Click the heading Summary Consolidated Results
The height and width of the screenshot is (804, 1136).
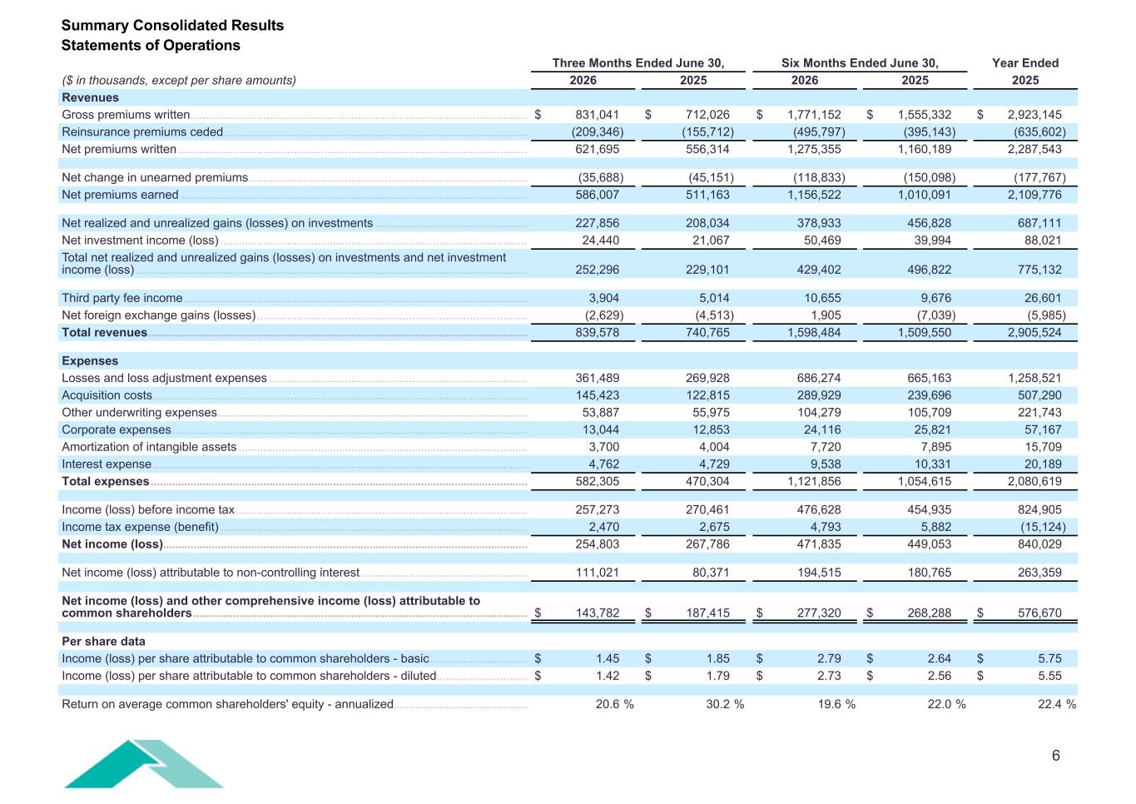(172, 25)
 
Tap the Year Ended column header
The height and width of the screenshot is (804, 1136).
(1025, 63)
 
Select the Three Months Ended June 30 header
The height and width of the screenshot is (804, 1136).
(638, 63)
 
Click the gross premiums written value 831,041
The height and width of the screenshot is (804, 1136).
(597, 115)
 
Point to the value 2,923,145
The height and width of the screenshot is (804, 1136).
(1034, 115)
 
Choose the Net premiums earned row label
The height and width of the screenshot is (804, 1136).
(120, 195)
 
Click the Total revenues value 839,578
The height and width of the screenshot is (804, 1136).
(597, 333)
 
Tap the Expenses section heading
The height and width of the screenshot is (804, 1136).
(90, 360)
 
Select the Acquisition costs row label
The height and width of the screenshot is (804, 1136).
(107, 395)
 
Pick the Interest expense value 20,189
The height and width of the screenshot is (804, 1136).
(1043, 464)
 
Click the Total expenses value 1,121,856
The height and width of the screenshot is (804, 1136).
(814, 481)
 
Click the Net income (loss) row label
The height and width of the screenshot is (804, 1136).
(112, 544)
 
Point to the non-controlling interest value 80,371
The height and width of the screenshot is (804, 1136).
(711, 573)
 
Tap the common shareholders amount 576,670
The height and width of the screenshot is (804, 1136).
(1039, 613)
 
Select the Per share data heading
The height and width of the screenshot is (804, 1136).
(103, 641)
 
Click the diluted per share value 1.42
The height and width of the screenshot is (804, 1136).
(608, 676)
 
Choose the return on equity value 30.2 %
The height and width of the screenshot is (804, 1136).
(725, 704)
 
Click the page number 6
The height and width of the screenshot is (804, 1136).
(1056, 756)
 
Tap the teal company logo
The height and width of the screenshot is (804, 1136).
(143, 764)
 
